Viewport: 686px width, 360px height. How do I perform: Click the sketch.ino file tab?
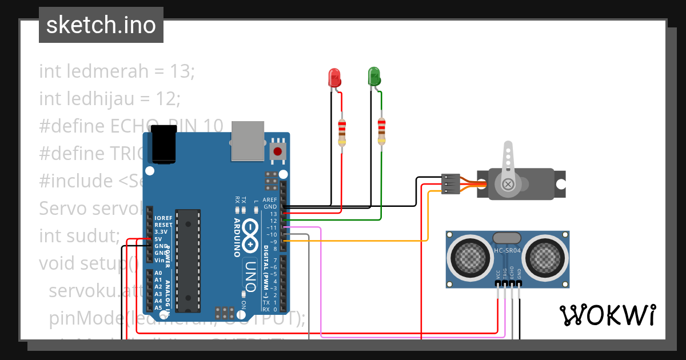point(101,25)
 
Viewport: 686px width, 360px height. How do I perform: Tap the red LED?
point(334,78)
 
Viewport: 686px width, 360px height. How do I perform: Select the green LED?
point(374,77)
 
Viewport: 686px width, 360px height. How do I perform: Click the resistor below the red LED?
point(342,133)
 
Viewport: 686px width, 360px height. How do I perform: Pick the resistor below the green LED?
point(381,131)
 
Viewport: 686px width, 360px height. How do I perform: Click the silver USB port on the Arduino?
point(248,141)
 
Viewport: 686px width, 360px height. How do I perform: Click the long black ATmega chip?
point(188,261)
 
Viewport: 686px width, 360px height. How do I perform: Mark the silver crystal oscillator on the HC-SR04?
point(508,238)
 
